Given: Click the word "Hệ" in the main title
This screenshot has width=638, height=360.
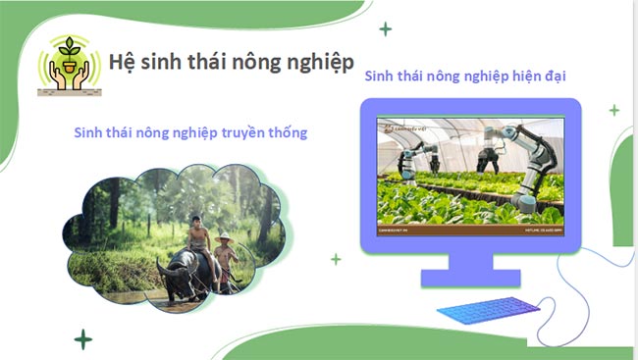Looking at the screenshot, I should [123, 60].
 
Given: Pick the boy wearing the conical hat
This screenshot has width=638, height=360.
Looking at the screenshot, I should [227, 257].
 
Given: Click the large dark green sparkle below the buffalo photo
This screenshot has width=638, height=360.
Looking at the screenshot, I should [84, 339].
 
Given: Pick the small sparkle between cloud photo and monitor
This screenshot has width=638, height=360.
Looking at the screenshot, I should [336, 259].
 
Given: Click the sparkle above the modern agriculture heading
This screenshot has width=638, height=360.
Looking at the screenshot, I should [386, 29].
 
